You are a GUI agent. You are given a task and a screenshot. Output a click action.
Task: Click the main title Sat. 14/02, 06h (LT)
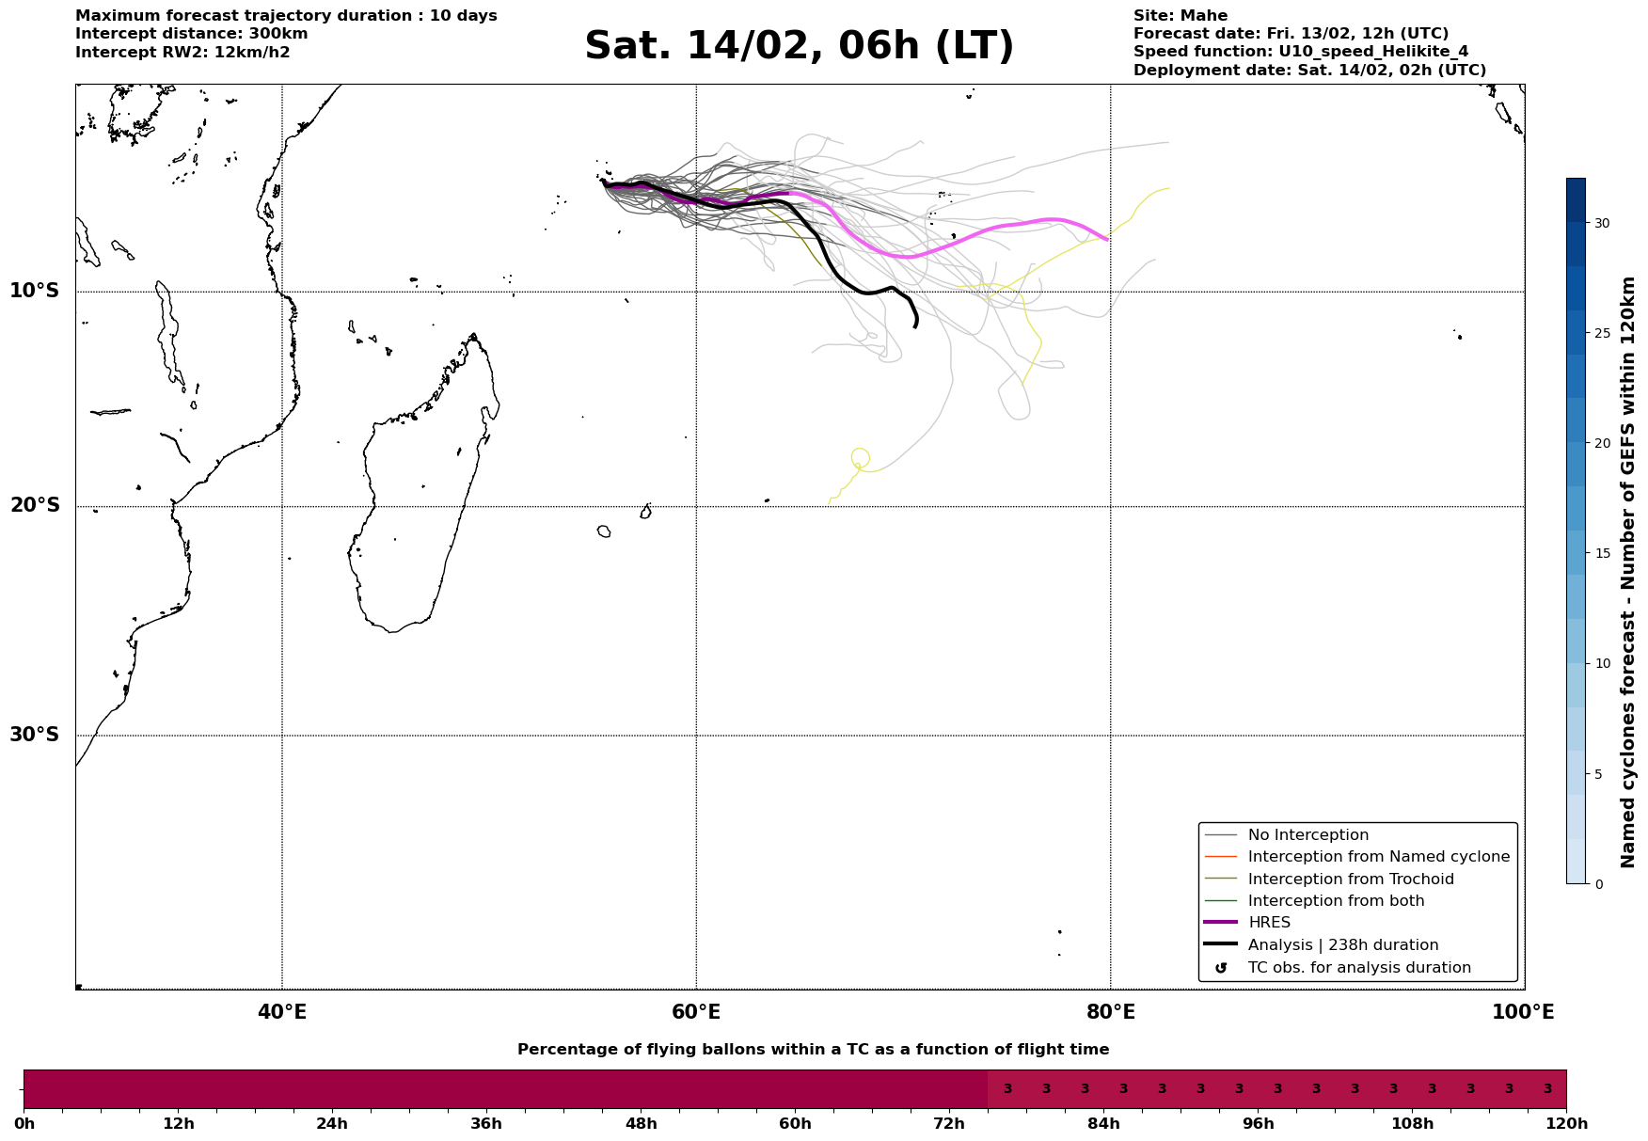(x=799, y=46)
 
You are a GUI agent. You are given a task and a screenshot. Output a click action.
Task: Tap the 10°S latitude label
(x=35, y=291)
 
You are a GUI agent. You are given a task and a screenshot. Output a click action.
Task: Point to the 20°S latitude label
(x=35, y=506)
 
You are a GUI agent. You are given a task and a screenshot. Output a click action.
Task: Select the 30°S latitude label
(x=35, y=735)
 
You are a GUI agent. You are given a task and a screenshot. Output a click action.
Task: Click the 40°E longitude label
(x=281, y=1012)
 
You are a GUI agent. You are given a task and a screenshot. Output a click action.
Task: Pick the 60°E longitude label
(x=696, y=1012)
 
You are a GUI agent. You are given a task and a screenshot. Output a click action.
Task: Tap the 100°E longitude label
(x=1523, y=1012)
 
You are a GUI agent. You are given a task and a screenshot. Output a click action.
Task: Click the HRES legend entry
(x=1269, y=923)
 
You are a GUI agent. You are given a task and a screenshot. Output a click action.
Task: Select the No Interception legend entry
(x=1307, y=835)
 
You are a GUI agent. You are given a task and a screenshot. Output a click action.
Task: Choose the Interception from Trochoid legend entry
(x=1350, y=880)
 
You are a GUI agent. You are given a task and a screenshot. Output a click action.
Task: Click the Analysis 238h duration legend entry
(x=1342, y=945)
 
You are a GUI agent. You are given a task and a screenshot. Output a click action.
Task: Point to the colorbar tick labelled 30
(x=1601, y=223)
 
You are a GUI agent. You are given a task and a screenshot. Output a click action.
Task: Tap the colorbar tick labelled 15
(x=1601, y=553)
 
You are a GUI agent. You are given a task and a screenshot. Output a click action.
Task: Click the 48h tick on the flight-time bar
(x=641, y=1124)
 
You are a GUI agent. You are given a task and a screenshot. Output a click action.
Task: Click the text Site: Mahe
(x=1180, y=16)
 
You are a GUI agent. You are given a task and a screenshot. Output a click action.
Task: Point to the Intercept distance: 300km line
(x=191, y=34)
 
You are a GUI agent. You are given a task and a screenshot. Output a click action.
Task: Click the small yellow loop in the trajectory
(x=860, y=457)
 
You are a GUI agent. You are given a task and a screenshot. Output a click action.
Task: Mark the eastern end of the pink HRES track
(x=1106, y=240)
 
